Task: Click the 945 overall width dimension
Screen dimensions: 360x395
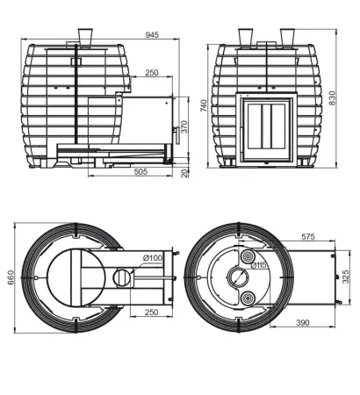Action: pos(152,35)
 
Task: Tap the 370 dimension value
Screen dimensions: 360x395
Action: pos(184,126)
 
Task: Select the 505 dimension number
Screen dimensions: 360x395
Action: pos(140,171)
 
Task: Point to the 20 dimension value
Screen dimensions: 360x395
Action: pos(184,174)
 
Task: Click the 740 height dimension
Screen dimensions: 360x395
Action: pos(204,105)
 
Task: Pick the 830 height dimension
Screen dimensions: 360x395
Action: pos(332,98)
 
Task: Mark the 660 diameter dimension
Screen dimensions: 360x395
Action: pos(11,278)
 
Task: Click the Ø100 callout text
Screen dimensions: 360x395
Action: pos(153,258)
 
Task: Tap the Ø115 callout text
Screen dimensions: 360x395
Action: pos(259,265)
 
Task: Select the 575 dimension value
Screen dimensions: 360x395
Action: pos(308,236)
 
